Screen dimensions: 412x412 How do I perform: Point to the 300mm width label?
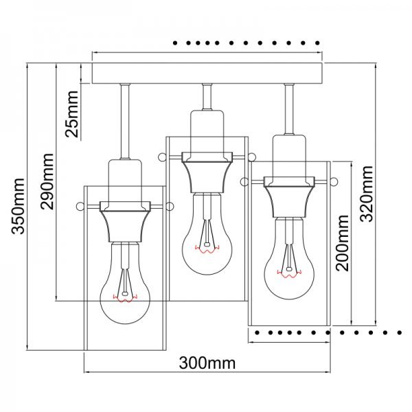(x=207, y=362)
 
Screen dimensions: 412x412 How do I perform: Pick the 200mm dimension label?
(x=343, y=242)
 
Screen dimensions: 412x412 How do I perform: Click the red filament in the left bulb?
(x=124, y=298)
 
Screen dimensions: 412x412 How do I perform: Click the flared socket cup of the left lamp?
(x=124, y=222)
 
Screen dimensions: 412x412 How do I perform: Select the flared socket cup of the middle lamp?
(x=207, y=172)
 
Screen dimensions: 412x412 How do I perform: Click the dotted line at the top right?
(x=247, y=43)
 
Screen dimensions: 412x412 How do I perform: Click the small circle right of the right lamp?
(x=334, y=182)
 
